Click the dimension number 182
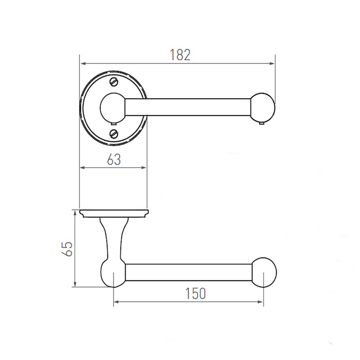(180, 55)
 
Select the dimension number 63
(114, 159)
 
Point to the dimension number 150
(196, 293)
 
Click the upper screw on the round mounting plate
(114, 82)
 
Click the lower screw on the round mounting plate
(114, 134)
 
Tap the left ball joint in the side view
(113, 273)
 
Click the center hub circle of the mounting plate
(113, 107)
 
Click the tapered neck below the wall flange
(113, 239)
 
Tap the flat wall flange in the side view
(114, 213)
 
